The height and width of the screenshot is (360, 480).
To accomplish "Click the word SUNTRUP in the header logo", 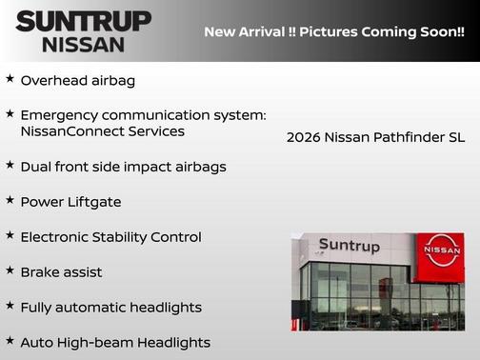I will pos(83,21).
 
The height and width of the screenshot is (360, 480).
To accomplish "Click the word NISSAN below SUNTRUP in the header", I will pos(83,44).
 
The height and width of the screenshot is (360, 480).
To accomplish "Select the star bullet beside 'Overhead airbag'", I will pos(10,79).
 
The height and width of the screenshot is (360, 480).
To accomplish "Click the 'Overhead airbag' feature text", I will pos(77,81).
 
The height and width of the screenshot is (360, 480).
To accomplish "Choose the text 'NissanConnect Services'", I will pos(102,131).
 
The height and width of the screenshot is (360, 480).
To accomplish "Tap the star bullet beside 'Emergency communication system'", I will pos(10,113).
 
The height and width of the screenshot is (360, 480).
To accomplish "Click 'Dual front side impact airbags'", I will pos(123,167).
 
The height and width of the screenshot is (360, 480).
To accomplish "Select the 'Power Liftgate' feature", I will pos(70,202).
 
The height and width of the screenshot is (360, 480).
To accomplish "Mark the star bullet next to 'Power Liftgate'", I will pos(10,200).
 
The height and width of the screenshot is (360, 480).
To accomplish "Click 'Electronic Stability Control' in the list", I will pos(110,237).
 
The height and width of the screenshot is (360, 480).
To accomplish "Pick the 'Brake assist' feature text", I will pos(61,272).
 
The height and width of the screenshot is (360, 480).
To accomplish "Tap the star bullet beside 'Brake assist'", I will pos(10,270).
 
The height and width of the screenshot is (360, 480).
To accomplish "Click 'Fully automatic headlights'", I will pos(110,308).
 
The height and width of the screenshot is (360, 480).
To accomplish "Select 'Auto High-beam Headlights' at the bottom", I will pos(114,343).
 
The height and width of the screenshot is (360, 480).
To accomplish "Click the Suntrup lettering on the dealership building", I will pos(349,246).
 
